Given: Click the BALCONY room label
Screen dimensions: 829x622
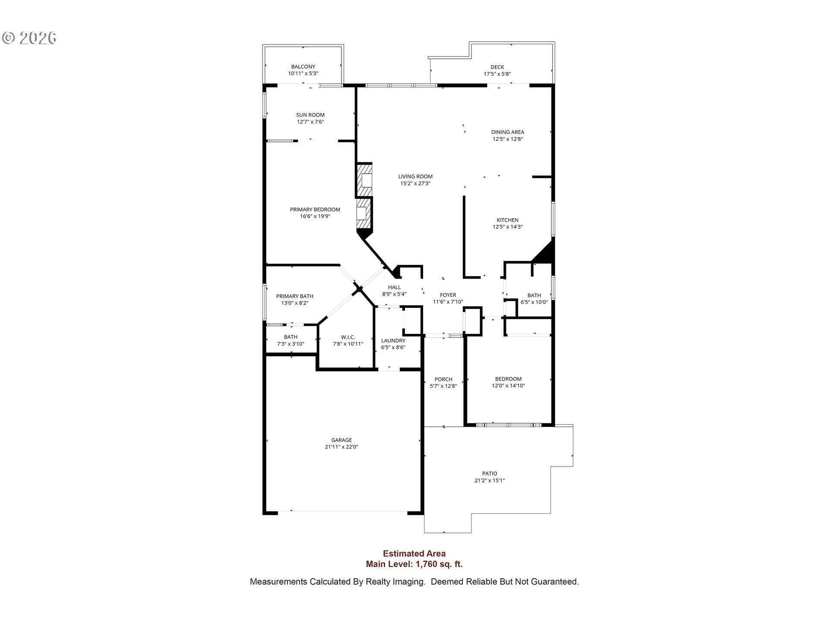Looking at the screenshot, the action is coord(303,67).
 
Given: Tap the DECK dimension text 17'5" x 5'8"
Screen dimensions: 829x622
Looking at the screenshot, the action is coord(497,74).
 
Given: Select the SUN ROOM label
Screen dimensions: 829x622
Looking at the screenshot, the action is coord(310,115).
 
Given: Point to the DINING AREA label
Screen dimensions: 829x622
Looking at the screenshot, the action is coord(508,132).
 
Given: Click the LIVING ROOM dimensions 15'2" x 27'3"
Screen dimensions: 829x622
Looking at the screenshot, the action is coord(415,184).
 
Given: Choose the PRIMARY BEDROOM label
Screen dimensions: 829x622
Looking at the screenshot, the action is coord(315,209).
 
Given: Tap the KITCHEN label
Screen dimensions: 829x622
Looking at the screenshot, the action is coord(508,220).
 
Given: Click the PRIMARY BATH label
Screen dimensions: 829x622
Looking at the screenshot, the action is coord(295,296).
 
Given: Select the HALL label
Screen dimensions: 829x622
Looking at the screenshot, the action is coord(394,287).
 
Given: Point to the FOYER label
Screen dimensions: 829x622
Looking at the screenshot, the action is coord(448,295).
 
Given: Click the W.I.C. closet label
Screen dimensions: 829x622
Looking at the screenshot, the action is coord(348,337).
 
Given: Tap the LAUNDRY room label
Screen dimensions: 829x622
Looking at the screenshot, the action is coord(393,341).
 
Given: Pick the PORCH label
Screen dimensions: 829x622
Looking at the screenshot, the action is coord(443,379).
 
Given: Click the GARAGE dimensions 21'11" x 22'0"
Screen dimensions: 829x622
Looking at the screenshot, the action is coord(342,447).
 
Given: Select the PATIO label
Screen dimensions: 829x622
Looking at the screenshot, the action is coord(490,473).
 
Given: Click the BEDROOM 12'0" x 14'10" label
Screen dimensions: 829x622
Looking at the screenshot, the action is coord(508,379).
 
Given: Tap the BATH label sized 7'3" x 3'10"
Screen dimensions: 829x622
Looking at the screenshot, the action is coord(291,337).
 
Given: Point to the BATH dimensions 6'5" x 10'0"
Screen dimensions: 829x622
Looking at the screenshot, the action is coord(534,302).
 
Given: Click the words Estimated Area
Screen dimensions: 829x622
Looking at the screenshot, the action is coord(414,554).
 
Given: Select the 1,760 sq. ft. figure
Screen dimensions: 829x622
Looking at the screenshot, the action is coord(439,564).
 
